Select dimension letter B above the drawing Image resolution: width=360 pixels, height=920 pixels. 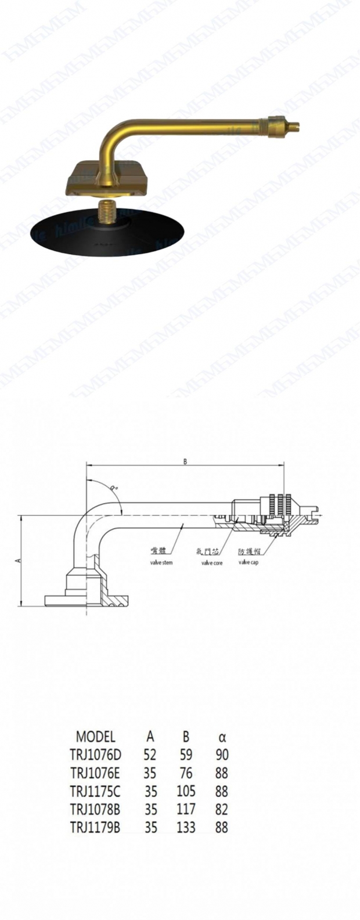point(185,461)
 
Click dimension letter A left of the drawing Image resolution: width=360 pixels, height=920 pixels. point(17,560)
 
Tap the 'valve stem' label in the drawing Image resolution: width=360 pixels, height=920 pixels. point(161,562)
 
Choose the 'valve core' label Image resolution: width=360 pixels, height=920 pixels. point(211,562)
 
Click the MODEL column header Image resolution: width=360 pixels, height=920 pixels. point(96,737)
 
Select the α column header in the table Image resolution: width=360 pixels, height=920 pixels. point(222,738)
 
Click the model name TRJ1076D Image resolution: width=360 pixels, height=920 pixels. point(96,755)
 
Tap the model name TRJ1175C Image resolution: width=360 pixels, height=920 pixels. point(96,792)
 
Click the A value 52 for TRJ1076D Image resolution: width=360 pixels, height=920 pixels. point(150,755)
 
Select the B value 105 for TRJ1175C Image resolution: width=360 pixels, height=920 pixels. point(186,792)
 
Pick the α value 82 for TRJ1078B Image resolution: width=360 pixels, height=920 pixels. point(221,810)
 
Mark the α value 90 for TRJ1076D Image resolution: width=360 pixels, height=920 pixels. point(221,755)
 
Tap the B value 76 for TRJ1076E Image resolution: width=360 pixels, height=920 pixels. point(186,773)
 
